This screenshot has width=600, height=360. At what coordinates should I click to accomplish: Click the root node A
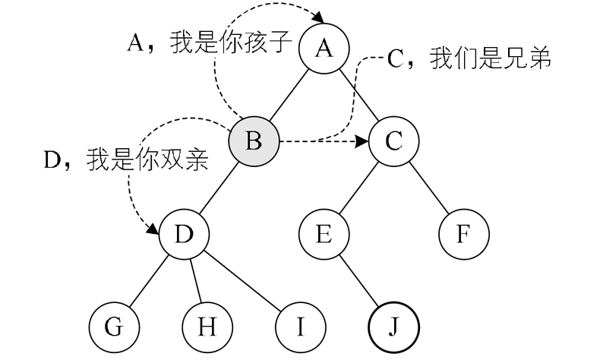pyautogui.click(x=324, y=48)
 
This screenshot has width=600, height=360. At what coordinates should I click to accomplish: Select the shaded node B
pyautogui.click(x=254, y=141)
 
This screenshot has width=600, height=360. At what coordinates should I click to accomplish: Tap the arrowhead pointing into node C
pyautogui.click(x=362, y=141)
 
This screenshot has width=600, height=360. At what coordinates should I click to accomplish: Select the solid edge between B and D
pyautogui.click(x=219, y=187)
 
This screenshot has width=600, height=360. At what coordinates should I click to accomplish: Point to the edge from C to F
pyautogui.click(x=430, y=187)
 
